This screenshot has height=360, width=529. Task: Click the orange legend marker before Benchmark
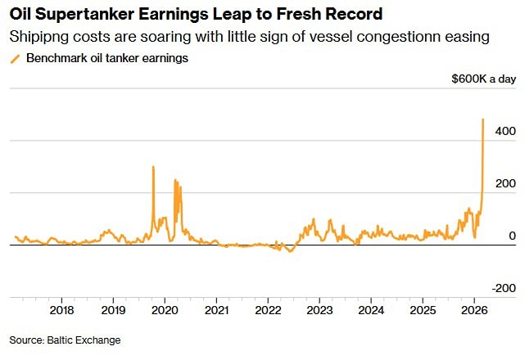point(14,58)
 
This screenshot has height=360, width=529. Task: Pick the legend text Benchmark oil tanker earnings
point(106,58)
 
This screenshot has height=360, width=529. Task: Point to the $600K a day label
point(483,79)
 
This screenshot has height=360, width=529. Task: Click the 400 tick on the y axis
point(505,131)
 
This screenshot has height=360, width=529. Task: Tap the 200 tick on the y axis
point(505,183)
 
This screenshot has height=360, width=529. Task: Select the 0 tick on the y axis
point(512,236)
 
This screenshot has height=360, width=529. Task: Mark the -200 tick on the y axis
point(504,288)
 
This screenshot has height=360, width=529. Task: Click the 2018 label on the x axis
point(62,311)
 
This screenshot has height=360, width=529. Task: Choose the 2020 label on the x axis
point(165,311)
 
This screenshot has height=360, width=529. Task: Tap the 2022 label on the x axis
point(269,311)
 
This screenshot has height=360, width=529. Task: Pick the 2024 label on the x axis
point(372,311)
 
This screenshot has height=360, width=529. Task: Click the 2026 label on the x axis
point(475,311)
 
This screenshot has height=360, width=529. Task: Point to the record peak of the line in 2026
point(482,120)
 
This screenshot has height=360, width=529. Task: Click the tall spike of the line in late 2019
point(153,168)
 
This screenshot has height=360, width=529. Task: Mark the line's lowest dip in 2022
point(288,250)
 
